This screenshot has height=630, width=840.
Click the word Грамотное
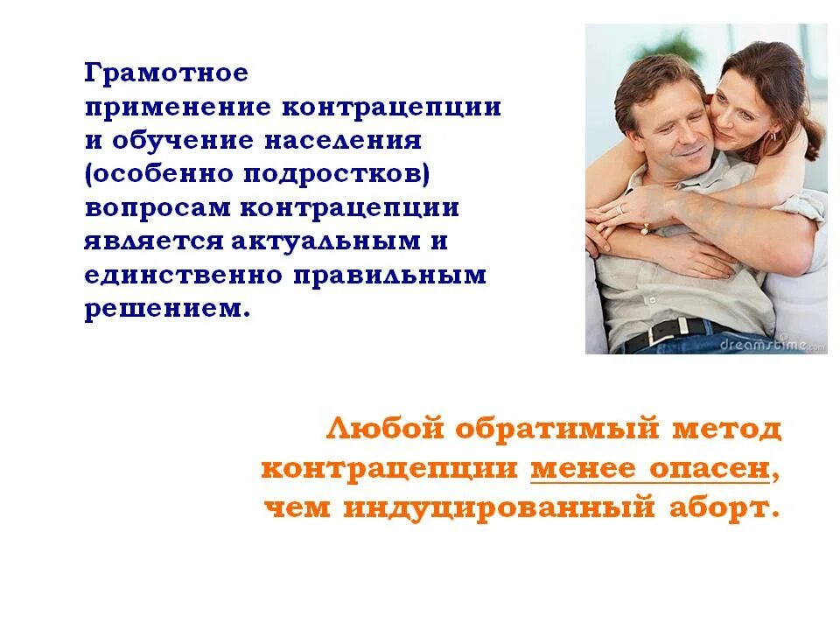(x=166, y=73)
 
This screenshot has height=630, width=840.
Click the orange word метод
(x=727, y=430)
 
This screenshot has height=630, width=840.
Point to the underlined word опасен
(x=709, y=469)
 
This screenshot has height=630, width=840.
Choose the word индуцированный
(x=500, y=508)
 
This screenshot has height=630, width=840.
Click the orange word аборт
(x=721, y=508)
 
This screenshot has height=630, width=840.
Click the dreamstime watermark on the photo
(x=771, y=345)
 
